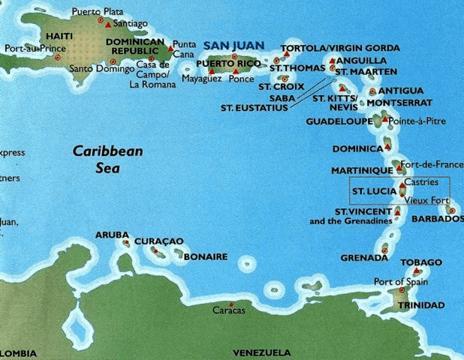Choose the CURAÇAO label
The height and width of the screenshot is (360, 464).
click(x=158, y=241)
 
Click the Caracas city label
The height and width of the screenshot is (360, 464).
click(x=228, y=310)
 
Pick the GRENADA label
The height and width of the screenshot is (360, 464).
click(x=363, y=257)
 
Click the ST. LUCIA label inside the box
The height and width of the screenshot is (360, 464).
click(x=369, y=192)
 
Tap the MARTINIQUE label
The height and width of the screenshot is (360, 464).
click(x=362, y=171)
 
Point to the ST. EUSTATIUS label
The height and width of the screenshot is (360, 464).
click(x=255, y=107)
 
